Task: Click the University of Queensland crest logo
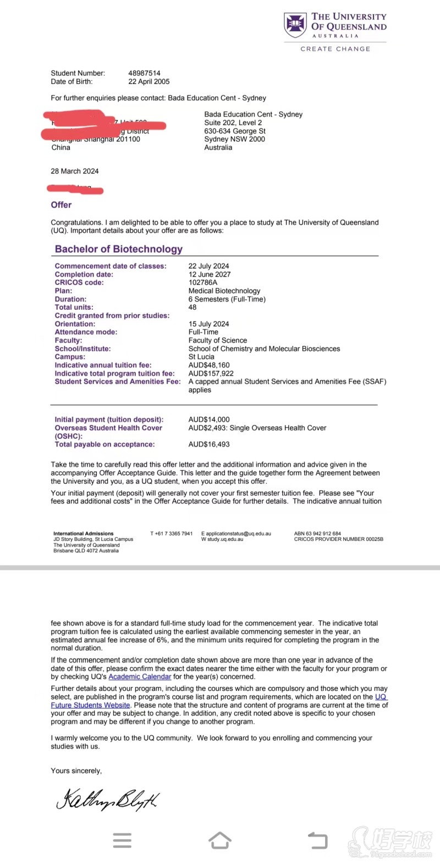(295, 25)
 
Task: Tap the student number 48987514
(144, 73)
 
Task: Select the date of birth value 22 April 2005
(148, 81)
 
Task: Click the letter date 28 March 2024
(75, 171)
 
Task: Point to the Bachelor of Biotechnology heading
(118, 249)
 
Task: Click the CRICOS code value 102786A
(203, 282)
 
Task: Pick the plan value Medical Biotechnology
(224, 291)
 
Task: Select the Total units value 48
(193, 307)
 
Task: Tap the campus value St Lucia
(201, 356)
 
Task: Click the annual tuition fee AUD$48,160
(209, 365)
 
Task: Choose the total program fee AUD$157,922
(211, 373)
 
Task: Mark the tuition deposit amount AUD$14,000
(209, 419)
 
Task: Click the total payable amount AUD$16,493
(209, 444)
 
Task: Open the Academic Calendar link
(140, 677)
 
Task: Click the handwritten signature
(107, 799)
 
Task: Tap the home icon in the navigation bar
(220, 840)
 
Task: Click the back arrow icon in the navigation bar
(317, 840)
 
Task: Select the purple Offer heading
(61, 205)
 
